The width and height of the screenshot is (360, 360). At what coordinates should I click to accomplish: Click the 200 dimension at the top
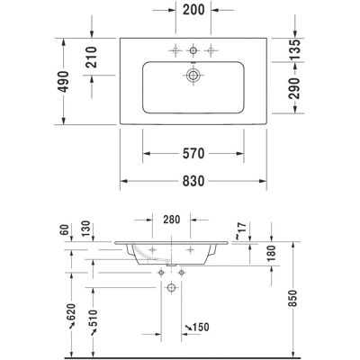193,10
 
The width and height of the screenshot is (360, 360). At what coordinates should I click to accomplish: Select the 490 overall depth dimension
64,82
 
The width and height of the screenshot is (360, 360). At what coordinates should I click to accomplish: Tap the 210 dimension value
92,57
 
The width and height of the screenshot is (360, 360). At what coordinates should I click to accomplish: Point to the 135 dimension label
295,49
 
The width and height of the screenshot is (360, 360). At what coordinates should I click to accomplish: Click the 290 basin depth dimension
295,88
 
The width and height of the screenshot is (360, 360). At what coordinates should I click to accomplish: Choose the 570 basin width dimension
193,154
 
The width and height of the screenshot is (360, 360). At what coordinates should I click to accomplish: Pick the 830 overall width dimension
193,181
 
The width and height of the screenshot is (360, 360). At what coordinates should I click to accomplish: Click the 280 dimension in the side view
172,220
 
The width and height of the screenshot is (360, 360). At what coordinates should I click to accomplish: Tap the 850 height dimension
293,298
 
